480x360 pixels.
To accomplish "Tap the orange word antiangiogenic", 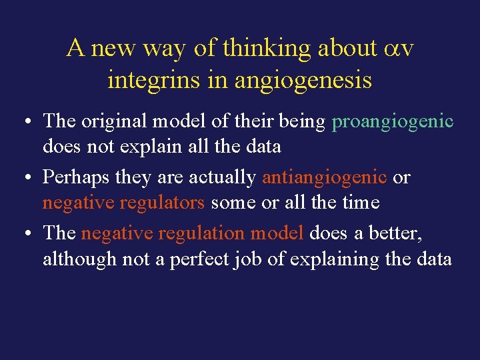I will pyautogui.click(x=324, y=178).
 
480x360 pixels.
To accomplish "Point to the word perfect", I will pyautogui.click(x=199, y=259).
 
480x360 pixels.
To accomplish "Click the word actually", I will pyautogui.click(x=223, y=178).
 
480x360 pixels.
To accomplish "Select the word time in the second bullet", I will pyautogui.click(x=361, y=202).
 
